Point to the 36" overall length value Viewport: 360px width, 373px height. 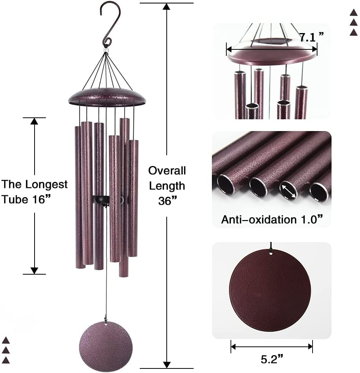point(167,201)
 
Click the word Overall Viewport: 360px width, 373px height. point(167,171)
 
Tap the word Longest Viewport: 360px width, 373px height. point(46,185)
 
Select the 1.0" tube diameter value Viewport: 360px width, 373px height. point(309,219)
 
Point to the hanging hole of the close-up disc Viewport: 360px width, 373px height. point(270,251)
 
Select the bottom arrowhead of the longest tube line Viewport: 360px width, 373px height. point(35,270)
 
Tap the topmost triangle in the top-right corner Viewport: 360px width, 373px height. point(354,13)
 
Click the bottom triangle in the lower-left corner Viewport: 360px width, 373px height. point(6,360)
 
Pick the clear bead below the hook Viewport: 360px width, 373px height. point(105,50)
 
